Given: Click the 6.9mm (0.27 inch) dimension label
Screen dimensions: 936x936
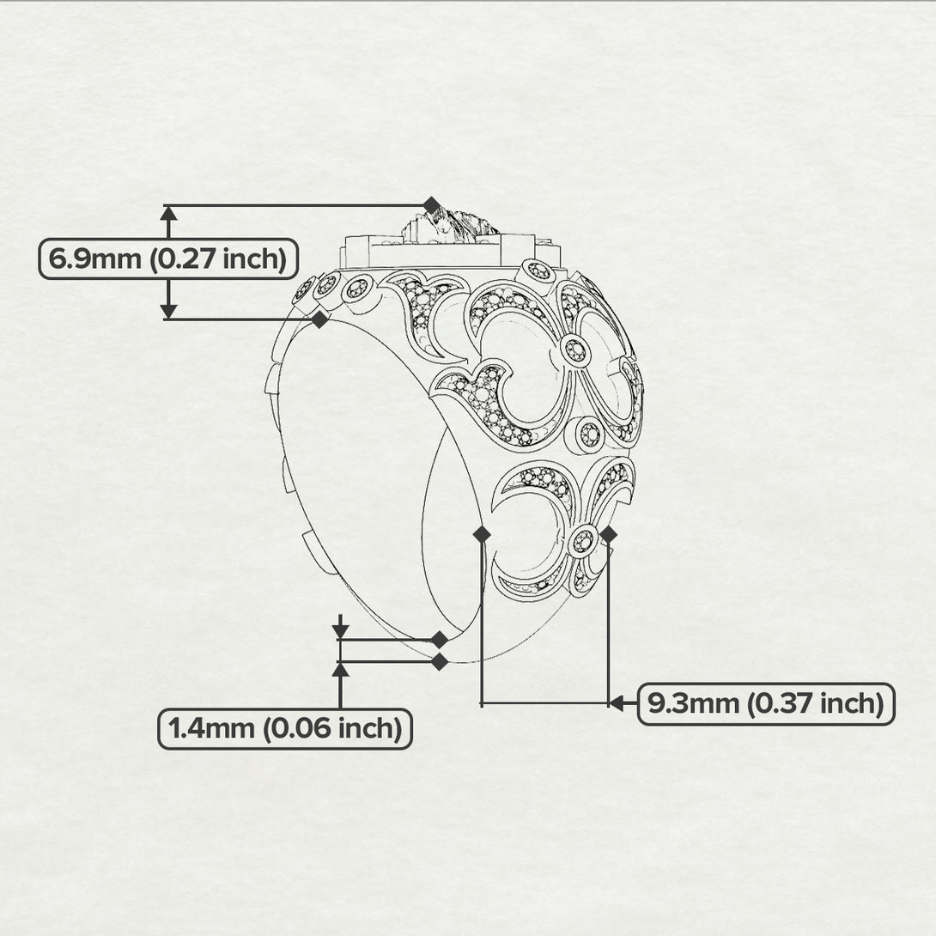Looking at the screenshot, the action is pos(168,259).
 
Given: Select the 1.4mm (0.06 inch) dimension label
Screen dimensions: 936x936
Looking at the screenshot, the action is pos(285,729).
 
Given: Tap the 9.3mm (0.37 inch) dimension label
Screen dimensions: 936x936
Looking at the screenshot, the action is pos(766,704).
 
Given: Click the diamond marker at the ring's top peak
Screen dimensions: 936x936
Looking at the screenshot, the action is pos(432,204).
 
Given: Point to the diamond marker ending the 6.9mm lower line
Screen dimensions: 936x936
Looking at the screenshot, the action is pos(320,319).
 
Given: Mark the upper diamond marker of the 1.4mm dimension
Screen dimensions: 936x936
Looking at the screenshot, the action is pos(440,640).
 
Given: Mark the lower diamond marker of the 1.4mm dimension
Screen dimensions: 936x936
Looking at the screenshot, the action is pos(440,661).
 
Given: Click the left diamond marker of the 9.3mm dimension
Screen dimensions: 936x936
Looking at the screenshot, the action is pos(482,534).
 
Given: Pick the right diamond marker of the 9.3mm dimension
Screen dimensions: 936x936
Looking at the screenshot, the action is pos(608,534).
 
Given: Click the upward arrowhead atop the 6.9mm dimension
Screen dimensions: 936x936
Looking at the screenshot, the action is pos(169,214).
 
